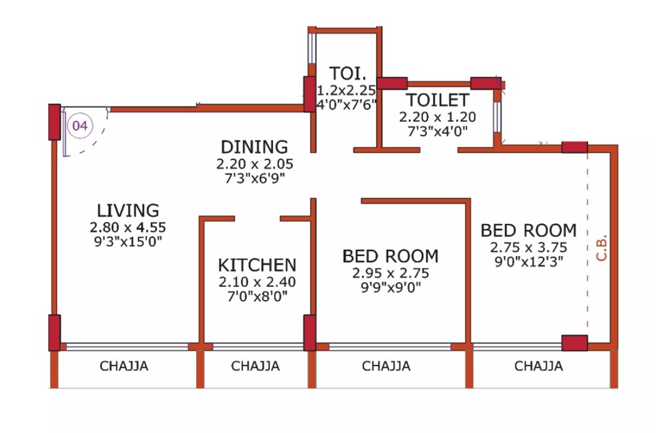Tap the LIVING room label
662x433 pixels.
pos(128,211)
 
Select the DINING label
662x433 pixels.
pos(255,147)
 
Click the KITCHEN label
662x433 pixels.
pos(257,265)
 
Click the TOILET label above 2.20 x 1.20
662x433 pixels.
pos(437,100)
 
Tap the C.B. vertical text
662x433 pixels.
pos(603,248)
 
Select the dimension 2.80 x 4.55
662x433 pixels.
pos(128,226)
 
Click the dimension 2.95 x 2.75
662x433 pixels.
pos(390,272)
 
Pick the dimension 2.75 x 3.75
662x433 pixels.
pos(528,246)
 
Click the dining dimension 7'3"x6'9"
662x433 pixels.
pos(255,178)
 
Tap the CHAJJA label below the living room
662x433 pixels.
pos(124,366)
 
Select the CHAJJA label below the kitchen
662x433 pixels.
pos(255,366)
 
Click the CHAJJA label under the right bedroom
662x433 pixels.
pos(538,366)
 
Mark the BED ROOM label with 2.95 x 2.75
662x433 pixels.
pos(390,256)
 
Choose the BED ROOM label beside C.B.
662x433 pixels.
pos(528,231)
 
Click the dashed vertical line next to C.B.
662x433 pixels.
pos(587,247)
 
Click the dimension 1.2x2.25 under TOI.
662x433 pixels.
pos(346,89)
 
